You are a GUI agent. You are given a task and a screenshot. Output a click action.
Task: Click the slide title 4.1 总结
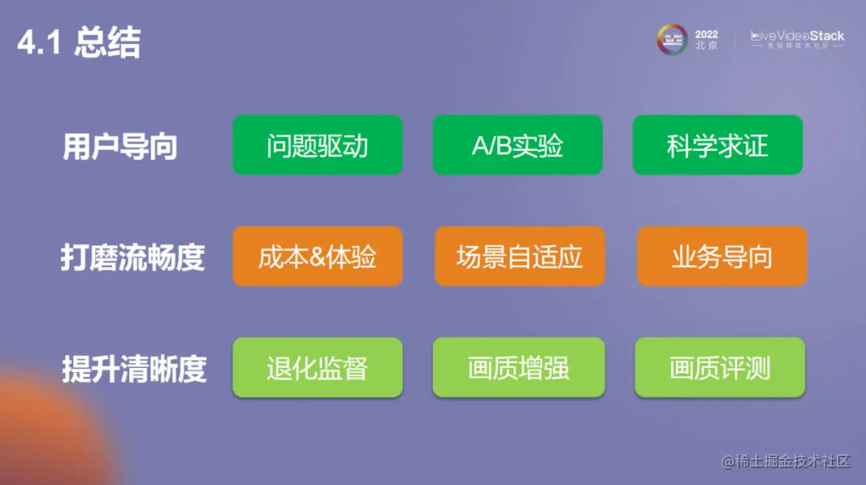click(x=79, y=44)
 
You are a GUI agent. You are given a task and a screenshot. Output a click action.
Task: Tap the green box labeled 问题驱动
click(x=317, y=145)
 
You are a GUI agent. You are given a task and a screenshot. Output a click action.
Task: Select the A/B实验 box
click(x=517, y=145)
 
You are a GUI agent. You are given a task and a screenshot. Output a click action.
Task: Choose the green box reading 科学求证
click(x=717, y=145)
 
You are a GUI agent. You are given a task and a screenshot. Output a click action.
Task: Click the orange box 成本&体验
click(x=317, y=257)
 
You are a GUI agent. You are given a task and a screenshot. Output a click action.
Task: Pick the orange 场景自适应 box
click(x=520, y=257)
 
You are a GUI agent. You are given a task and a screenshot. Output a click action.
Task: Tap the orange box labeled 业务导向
click(x=722, y=257)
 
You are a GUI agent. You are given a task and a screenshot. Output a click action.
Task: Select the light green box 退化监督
click(x=317, y=368)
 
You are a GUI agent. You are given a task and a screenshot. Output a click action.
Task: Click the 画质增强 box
click(x=518, y=368)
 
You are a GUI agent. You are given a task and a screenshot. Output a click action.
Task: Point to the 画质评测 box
click(x=720, y=368)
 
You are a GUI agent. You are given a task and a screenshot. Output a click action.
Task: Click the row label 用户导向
click(x=119, y=148)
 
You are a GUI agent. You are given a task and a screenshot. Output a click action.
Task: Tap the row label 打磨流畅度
click(x=132, y=258)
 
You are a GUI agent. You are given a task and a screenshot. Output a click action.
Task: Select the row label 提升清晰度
click(x=134, y=369)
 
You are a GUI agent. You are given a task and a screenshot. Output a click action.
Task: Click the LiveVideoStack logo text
click(x=797, y=37)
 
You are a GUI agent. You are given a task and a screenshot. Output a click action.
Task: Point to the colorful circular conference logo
click(x=672, y=39)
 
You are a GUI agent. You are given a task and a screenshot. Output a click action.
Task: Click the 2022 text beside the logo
click(x=706, y=34)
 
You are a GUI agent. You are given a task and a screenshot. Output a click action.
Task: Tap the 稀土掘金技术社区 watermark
click(x=785, y=461)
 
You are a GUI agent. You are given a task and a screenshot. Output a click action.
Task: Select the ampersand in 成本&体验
click(x=316, y=257)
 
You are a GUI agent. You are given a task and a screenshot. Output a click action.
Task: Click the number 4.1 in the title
click(x=38, y=45)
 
